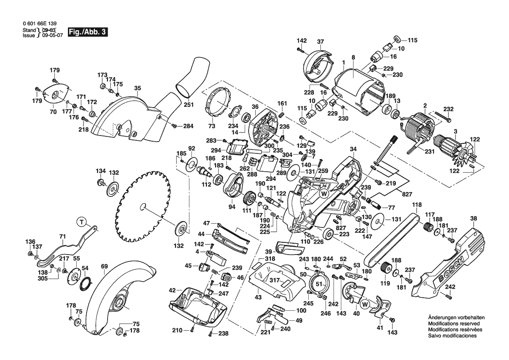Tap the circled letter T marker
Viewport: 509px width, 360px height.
pos(81,222)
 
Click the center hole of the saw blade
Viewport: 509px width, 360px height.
pos(144,206)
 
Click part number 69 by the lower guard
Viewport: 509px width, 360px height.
pos(104,266)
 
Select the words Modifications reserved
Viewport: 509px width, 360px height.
pos(454,324)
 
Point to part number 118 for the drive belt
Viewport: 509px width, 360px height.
pos(417,204)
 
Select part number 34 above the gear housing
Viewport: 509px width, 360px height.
pos(353,149)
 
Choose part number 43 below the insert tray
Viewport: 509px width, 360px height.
pos(258,297)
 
